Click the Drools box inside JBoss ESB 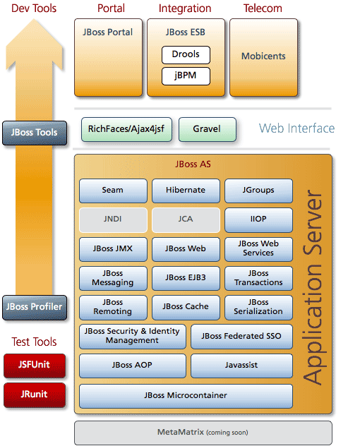coord(186,55)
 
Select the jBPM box coord(186,76)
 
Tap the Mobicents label coord(263,56)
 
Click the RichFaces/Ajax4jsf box coord(126,129)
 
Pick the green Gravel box coord(208,129)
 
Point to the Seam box coord(113,191)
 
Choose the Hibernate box coord(186,191)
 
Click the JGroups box coord(258,191)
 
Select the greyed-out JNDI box coord(113,220)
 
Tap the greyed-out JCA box coord(186,220)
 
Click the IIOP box coord(258,220)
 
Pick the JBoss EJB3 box coord(186,278)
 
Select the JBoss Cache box coord(186,308)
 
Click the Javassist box coord(241,366)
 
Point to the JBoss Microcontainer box coord(186,396)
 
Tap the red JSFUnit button coord(35,366)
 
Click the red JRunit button coord(35,395)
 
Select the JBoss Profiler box coord(35,308)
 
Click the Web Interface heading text coord(296,128)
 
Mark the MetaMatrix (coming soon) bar coord(203,433)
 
